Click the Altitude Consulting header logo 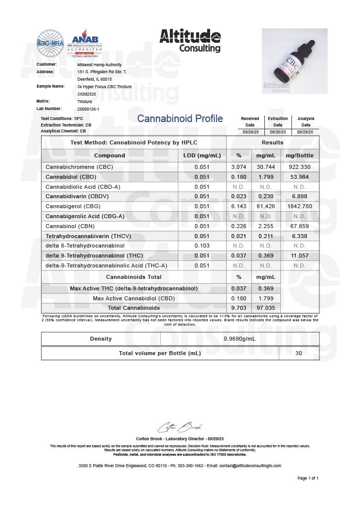[190, 40]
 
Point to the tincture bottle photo [294, 61]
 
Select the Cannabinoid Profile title [180, 119]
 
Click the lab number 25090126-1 [89, 109]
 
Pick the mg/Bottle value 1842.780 [300, 206]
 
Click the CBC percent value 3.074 [239, 167]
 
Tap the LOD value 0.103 [202, 246]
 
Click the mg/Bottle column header [300, 155]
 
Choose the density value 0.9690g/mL [240, 339]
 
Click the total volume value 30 [299, 353]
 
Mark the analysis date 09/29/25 [306, 132]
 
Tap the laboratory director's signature [180, 427]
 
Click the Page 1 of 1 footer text [308, 478]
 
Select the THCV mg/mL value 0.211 [265, 236]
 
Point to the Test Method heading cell [134, 142]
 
